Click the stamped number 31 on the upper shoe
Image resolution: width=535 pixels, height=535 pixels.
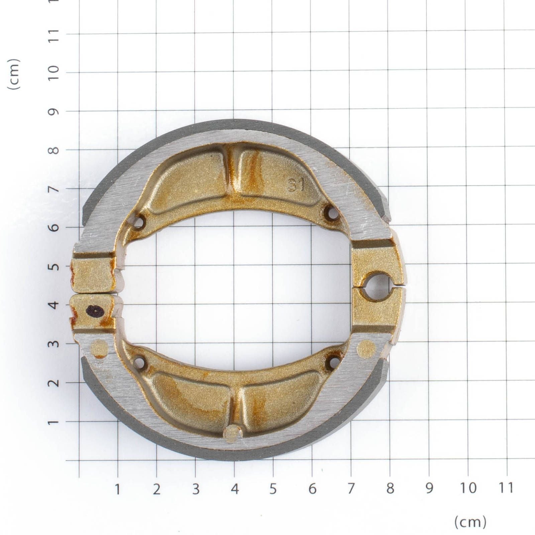pos(296,184)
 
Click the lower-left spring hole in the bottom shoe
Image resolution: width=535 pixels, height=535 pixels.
pos(140,362)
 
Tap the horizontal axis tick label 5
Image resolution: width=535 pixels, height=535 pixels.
pos(273,489)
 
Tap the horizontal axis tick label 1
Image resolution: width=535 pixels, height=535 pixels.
pos(118,489)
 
